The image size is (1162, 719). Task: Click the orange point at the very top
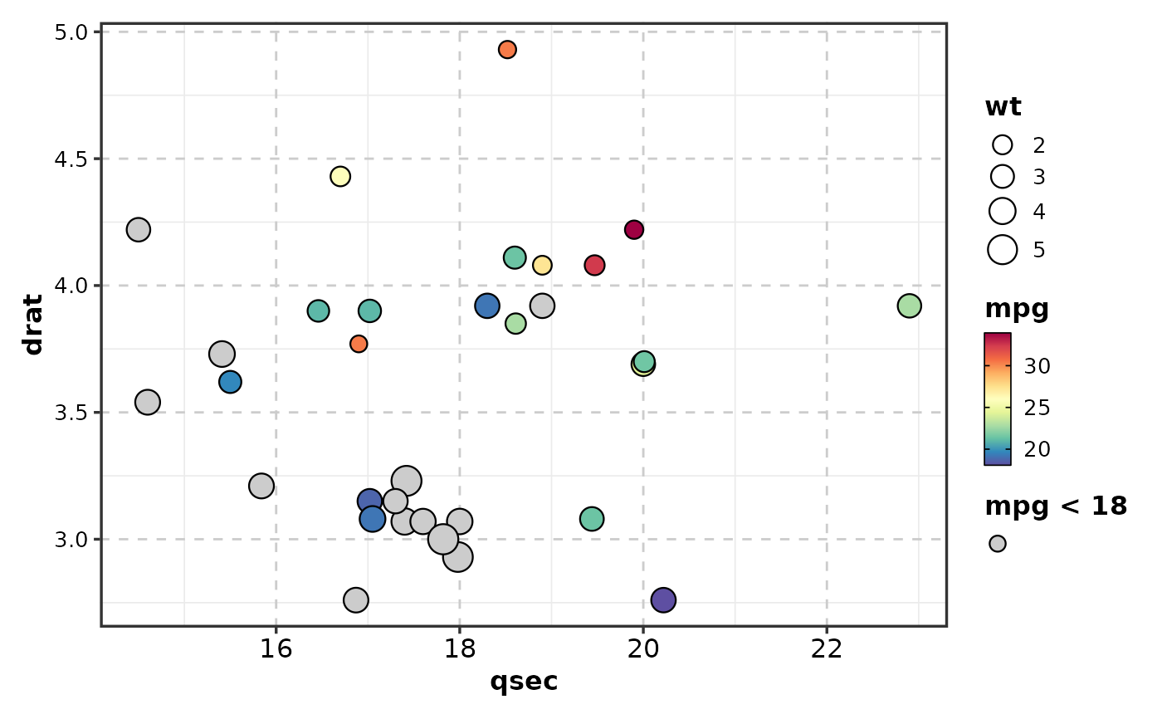coord(507,50)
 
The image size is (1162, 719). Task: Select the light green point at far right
coord(909,306)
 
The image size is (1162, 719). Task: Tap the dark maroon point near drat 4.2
coord(634,230)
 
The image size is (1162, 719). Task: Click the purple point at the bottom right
coord(663,599)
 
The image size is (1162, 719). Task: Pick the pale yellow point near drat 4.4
coord(340,176)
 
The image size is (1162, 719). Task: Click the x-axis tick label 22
coord(827,648)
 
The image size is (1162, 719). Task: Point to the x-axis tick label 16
coord(276,648)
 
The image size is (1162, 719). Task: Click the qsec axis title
coord(524,682)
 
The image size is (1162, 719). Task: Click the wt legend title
coord(1003,107)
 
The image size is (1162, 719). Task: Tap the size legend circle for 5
coord(1003,249)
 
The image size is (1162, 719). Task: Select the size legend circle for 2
coord(1003,145)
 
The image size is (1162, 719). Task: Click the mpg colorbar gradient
coord(997,399)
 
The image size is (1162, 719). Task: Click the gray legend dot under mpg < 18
coord(998,544)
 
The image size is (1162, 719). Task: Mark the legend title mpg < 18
coord(1056,506)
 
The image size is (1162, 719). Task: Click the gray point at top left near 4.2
coord(139,230)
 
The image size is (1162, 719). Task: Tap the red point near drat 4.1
coord(594,266)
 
